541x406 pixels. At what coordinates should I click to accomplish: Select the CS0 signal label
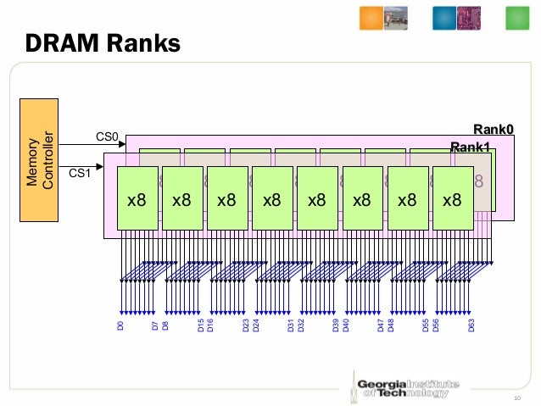tap(107, 136)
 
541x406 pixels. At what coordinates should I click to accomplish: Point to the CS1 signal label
tap(80, 174)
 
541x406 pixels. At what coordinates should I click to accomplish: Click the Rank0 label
tap(494, 129)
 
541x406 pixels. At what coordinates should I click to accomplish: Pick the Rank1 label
tap(470, 147)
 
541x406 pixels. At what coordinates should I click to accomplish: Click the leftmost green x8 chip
tap(137, 199)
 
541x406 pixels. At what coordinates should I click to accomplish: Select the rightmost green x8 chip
tap(452, 199)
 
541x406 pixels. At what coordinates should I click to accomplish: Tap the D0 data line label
tap(120, 325)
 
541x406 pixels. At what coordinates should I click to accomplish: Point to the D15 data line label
tap(200, 325)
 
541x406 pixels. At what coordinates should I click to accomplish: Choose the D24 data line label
tap(256, 325)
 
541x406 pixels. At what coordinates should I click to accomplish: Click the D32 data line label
tap(301, 325)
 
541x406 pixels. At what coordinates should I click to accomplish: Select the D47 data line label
tap(381, 325)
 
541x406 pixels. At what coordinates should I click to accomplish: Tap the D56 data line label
tap(437, 325)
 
